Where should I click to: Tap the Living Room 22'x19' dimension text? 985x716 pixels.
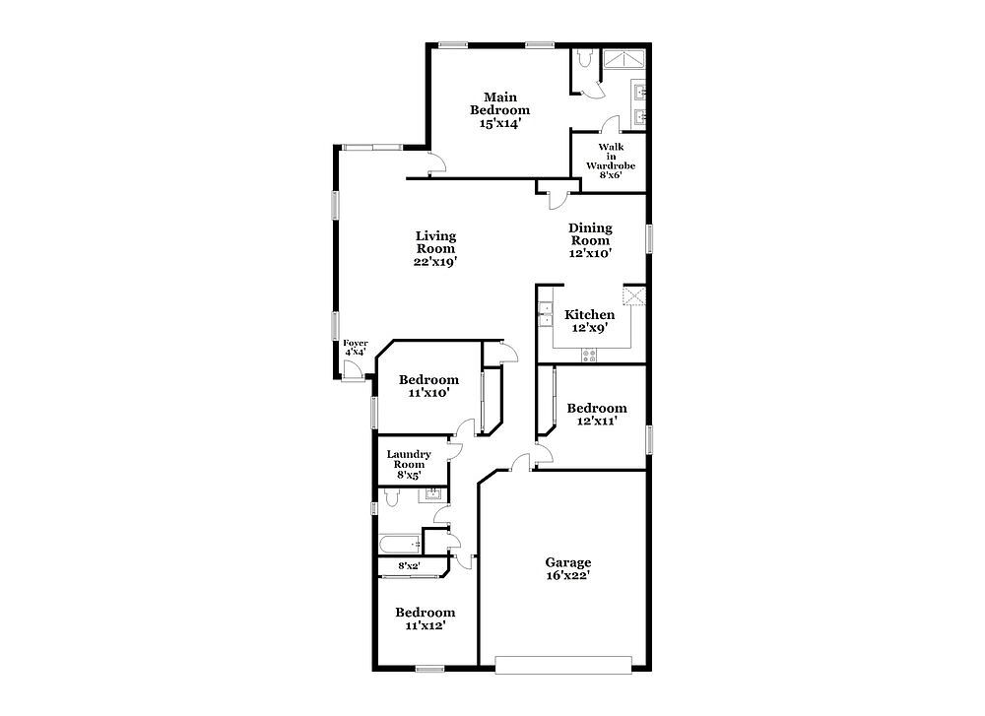[x=434, y=262]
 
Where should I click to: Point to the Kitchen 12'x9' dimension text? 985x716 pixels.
[x=589, y=328]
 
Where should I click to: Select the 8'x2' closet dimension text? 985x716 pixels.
[x=410, y=566]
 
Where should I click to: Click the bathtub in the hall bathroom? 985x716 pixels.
[x=400, y=544]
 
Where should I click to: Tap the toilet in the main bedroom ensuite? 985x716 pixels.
[x=584, y=59]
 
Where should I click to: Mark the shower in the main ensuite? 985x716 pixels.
[x=624, y=60]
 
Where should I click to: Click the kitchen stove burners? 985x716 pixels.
[x=589, y=355]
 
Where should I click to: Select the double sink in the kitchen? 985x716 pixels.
[x=546, y=314]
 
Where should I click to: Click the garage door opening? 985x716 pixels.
[x=563, y=665]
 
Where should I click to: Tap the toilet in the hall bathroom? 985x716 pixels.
[x=390, y=498]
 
